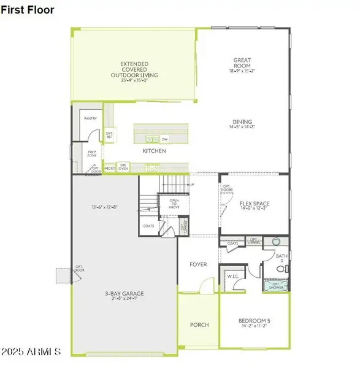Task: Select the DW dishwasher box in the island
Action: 164,139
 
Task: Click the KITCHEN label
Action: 154,151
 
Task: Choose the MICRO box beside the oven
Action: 110,167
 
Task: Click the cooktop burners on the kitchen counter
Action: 152,166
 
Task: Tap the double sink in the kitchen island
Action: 150,139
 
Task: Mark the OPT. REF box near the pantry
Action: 110,135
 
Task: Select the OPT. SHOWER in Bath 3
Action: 275,285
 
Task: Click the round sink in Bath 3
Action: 275,242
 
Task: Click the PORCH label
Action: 199,324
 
